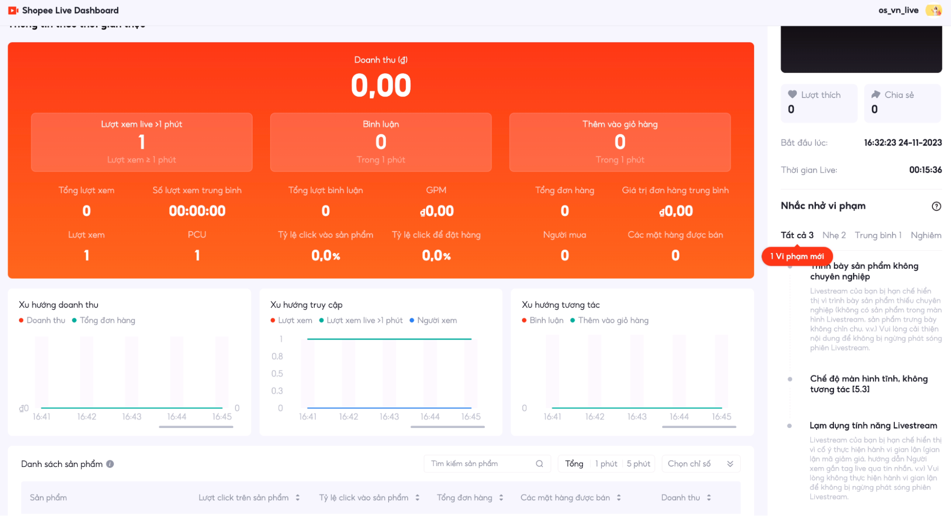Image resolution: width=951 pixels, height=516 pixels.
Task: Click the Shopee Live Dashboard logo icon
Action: pyautogui.click(x=13, y=10)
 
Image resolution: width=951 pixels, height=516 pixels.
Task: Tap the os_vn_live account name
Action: pyautogui.click(x=898, y=10)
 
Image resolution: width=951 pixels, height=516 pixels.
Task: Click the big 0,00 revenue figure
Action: pyautogui.click(x=381, y=86)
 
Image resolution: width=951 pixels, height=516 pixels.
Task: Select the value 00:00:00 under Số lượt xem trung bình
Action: pyautogui.click(x=197, y=211)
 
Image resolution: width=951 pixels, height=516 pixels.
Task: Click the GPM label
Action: pyautogui.click(x=436, y=190)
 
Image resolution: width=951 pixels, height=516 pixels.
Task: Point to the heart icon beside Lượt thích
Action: pyautogui.click(x=792, y=95)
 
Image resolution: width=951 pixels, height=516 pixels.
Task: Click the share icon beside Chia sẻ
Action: pyautogui.click(x=876, y=95)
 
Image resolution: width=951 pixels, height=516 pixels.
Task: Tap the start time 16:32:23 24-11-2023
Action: pyautogui.click(x=902, y=143)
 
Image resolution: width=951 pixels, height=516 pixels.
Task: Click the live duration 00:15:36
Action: pyautogui.click(x=925, y=170)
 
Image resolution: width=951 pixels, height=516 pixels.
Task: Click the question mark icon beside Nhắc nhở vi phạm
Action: pyautogui.click(x=936, y=206)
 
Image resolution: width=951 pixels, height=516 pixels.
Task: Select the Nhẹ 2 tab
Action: pyautogui.click(x=834, y=235)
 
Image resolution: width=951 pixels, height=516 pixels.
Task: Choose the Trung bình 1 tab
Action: pyautogui.click(x=878, y=235)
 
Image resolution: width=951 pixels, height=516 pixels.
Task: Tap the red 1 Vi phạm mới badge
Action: pyautogui.click(x=797, y=256)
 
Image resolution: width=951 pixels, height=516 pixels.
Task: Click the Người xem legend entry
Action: pyautogui.click(x=436, y=321)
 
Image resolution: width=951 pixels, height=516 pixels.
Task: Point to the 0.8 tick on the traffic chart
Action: pyautogui.click(x=277, y=356)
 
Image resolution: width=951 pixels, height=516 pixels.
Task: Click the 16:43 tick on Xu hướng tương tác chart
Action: pyautogui.click(x=637, y=417)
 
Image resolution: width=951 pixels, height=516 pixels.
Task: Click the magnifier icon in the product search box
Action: pyautogui.click(x=539, y=464)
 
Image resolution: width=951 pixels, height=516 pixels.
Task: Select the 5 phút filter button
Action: pyautogui.click(x=638, y=464)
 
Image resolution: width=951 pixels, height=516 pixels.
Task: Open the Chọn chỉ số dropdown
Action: pyautogui.click(x=700, y=464)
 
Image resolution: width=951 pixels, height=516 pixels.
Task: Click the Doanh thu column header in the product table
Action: pyautogui.click(x=680, y=497)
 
